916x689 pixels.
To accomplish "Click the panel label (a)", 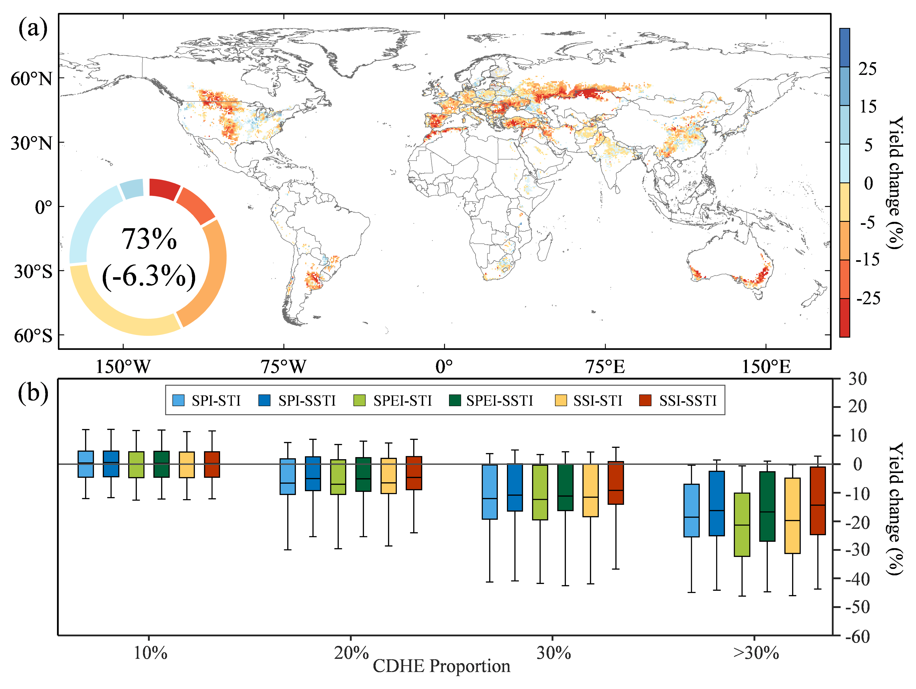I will coord(33,29).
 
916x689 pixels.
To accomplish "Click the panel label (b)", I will coord(33,393).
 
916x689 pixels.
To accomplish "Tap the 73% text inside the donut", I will coord(149,239).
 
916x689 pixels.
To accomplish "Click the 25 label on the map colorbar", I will coord(867,69).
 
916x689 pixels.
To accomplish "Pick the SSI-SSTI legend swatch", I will coord(645,400).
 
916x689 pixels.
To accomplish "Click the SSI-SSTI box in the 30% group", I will coord(615,483).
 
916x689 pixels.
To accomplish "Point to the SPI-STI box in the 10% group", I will coord(86,464).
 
